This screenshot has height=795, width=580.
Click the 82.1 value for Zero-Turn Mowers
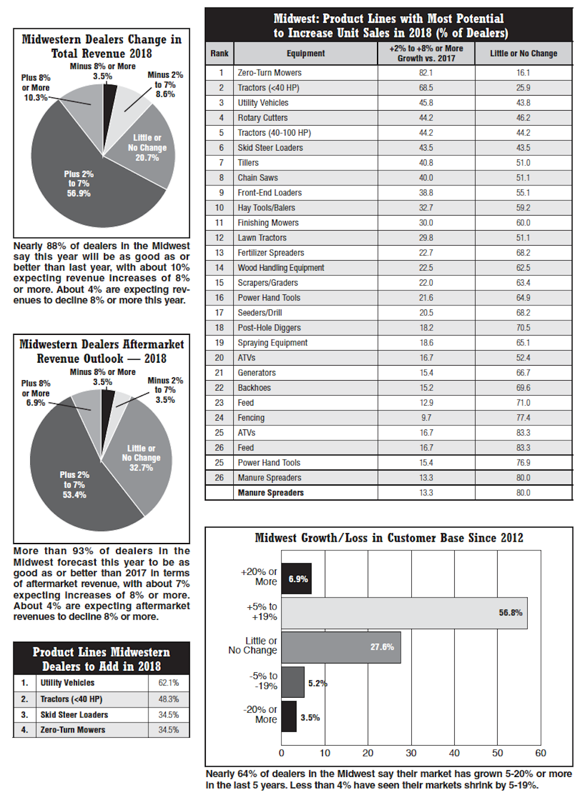coord(426,73)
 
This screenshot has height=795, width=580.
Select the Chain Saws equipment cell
coord(258,178)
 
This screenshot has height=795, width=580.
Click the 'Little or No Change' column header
coord(523,53)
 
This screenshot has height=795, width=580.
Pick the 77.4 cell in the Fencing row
coord(523,418)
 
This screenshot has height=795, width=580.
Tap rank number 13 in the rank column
coord(219,253)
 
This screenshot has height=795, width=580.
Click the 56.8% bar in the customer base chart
coord(404,613)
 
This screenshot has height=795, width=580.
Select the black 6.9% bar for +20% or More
coord(296,578)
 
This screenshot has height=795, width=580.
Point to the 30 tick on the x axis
coord(411,753)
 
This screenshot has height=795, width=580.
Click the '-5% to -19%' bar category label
coord(263,681)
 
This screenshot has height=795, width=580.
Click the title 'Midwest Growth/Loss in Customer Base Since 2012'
coord(389,538)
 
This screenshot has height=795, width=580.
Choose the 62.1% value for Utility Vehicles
coord(169,683)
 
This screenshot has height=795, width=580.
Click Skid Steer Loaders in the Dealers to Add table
coord(74,715)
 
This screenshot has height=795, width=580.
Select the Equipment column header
coord(306,53)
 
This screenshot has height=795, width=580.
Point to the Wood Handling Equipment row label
coord(281,268)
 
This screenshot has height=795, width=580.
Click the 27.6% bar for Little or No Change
coord(341,647)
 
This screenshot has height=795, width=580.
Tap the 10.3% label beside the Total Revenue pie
coord(35,97)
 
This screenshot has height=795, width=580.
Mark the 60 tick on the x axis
coord(541,753)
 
